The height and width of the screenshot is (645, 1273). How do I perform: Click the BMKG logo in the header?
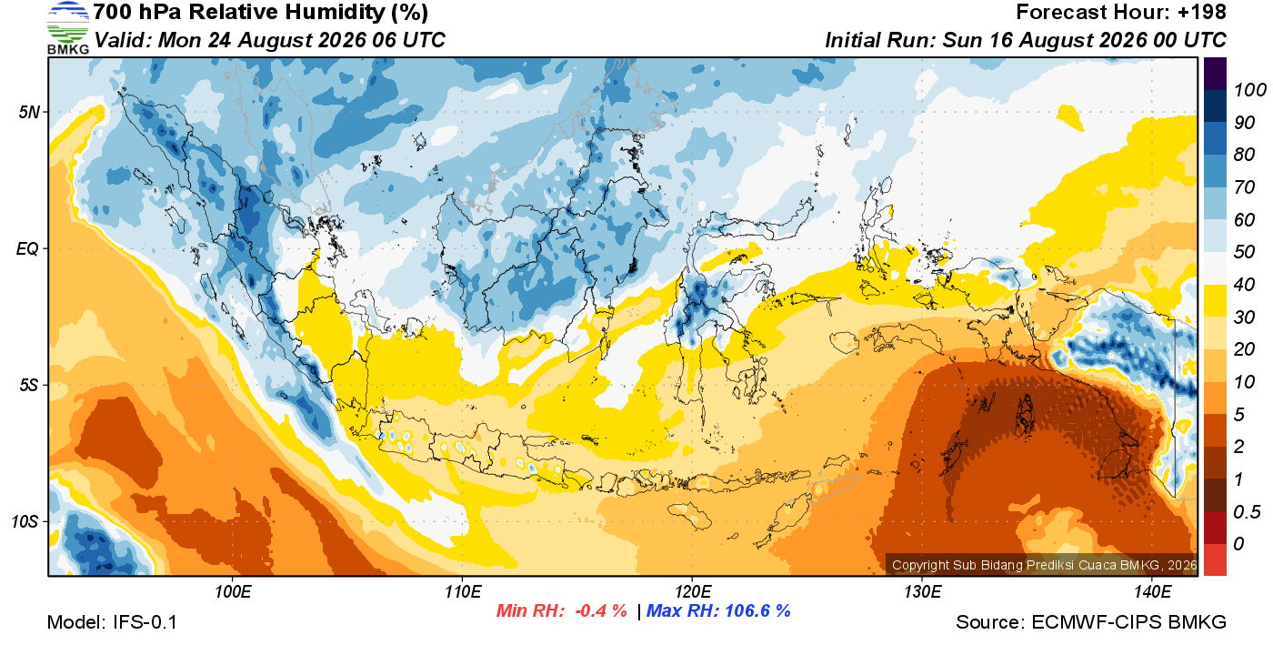[68, 27]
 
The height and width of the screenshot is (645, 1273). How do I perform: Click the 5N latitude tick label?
[29, 112]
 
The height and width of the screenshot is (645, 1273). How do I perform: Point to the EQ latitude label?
[27, 248]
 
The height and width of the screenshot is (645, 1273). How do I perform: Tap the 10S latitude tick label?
[25, 521]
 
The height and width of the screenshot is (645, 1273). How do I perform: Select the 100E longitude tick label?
[233, 591]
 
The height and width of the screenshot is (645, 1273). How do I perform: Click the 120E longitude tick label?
[693, 591]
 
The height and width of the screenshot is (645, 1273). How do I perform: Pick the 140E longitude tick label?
[1153, 591]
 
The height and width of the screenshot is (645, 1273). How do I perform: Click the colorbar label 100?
[1249, 90]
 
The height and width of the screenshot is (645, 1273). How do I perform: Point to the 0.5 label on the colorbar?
[1247, 512]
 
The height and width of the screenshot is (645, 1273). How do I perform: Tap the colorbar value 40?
[1244, 285]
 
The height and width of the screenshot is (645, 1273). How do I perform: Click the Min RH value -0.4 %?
[601, 610]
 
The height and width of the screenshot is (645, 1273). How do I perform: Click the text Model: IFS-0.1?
[112, 622]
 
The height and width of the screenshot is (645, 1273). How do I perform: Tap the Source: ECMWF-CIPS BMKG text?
[1091, 622]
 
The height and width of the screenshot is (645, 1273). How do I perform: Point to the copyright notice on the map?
[1045, 565]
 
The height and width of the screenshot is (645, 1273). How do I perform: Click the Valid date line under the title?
[269, 40]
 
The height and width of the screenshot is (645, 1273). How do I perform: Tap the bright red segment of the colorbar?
[1215, 559]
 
